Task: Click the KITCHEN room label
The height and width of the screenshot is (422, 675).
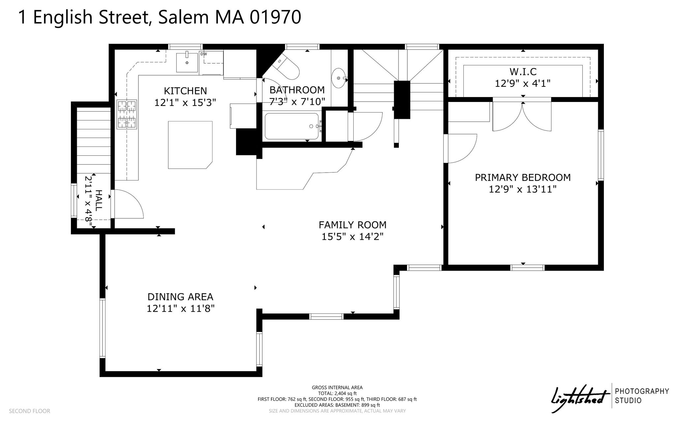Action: click(185, 91)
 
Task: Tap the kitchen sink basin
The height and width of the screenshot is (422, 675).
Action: click(187, 62)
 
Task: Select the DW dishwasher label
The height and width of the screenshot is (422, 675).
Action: click(203, 54)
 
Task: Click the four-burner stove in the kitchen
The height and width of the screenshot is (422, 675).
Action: click(127, 114)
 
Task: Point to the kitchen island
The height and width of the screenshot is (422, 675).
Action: click(190, 145)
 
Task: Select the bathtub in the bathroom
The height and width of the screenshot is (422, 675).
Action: click(292, 126)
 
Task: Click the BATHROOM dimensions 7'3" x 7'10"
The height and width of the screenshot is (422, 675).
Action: click(297, 102)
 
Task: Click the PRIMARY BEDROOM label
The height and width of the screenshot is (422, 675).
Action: click(523, 178)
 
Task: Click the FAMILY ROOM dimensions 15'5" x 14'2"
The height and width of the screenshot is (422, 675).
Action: click(352, 237)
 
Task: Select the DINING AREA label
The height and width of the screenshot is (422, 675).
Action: click(180, 297)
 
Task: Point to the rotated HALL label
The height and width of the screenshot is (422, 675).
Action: click(98, 200)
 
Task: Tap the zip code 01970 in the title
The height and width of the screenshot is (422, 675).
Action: click(275, 17)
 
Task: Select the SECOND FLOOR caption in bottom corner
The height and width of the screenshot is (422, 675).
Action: click(29, 411)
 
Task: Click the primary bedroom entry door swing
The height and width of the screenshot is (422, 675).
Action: click(460, 148)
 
